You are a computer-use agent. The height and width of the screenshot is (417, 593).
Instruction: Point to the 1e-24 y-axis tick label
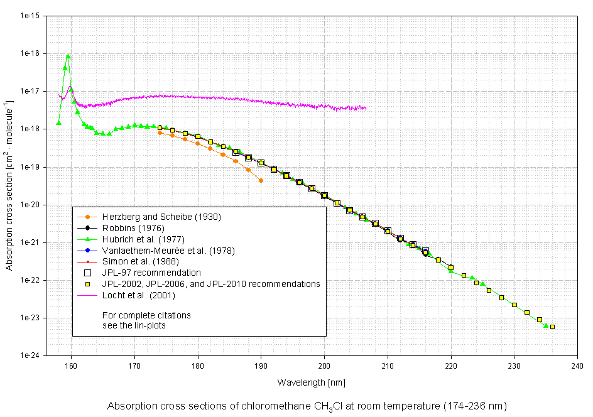[31, 355]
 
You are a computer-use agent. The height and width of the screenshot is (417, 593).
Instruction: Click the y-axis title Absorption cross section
[9, 185]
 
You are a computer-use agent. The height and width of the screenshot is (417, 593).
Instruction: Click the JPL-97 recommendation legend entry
[152, 273]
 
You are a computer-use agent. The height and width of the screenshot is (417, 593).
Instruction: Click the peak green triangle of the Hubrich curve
[68, 57]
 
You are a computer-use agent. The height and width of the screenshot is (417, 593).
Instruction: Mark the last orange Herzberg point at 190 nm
[261, 180]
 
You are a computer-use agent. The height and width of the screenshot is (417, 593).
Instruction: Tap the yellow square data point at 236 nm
[552, 327]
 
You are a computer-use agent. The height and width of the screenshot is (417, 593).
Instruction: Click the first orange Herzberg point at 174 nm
[160, 133]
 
